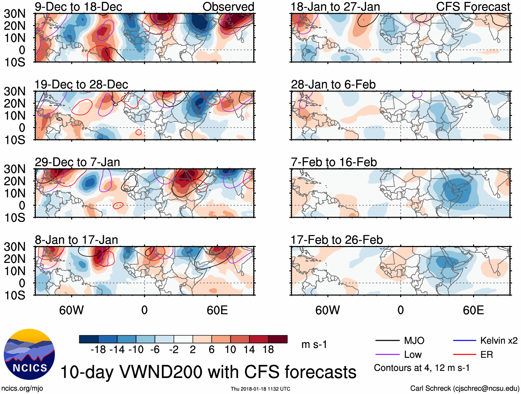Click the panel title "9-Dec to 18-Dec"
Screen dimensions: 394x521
[x=78, y=7]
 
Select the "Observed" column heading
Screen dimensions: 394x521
[x=228, y=7]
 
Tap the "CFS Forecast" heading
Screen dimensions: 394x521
[x=473, y=7]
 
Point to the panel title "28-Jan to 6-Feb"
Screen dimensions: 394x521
[x=333, y=85]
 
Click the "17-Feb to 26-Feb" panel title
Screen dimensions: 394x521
[x=337, y=240]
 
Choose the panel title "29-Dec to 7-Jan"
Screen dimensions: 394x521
[x=77, y=162]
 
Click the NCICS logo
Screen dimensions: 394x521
[x=29, y=354]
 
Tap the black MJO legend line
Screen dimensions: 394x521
[x=387, y=341]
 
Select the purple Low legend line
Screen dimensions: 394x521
[x=387, y=354]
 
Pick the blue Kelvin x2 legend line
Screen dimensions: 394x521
[x=464, y=341]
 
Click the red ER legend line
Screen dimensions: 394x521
[x=464, y=354]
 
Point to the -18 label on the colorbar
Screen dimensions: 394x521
[x=98, y=350]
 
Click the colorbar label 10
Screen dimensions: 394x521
[x=230, y=350]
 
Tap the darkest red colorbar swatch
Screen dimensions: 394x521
[x=278, y=339]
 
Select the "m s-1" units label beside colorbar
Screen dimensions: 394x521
[x=314, y=345]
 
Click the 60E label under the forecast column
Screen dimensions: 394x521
[x=473, y=310]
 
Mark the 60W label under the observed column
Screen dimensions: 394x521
[x=71, y=310]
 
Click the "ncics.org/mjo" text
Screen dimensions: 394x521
[x=22, y=388]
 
